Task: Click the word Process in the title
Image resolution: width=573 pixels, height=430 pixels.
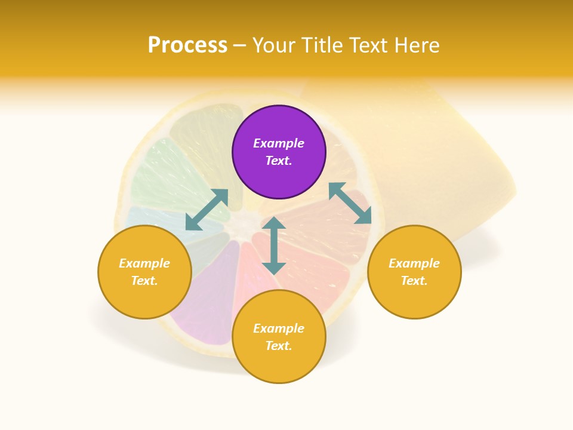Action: [187, 45]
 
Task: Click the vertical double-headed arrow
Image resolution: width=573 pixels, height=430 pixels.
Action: [274, 245]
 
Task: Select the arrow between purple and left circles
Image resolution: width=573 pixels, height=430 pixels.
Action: [207, 210]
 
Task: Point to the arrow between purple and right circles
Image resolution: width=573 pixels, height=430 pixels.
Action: [350, 203]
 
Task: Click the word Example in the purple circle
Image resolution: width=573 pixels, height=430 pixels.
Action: [279, 143]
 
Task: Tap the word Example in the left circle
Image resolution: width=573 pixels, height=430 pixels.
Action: [144, 263]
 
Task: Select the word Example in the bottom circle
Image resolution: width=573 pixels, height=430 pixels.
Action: [279, 328]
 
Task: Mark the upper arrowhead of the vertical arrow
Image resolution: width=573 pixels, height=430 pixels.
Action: [274, 223]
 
